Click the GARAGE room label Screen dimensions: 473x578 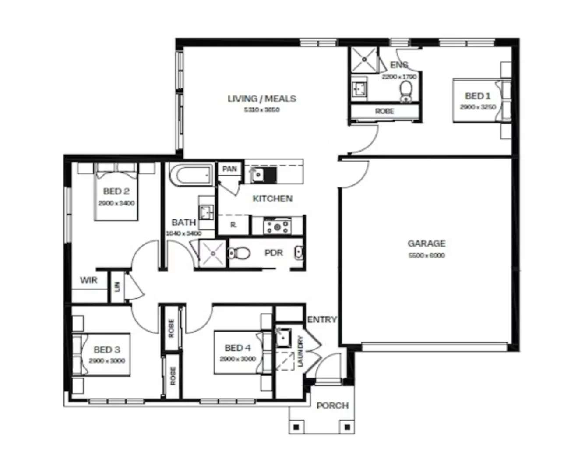coord(426,244)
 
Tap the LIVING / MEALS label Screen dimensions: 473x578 coord(261,99)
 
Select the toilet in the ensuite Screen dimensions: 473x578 coord(406,91)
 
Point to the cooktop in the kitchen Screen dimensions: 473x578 coord(277,226)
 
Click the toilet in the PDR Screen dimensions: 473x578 coord(239,253)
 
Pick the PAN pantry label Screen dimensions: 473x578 coord(229,169)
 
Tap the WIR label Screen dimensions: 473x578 coord(88,280)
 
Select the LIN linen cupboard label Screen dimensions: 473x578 coord(117,286)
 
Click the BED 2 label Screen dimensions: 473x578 coord(116,191)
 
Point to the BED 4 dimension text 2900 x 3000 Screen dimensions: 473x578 coord(238,359)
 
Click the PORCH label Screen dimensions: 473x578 coord(332,406)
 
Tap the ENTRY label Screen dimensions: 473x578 coord(322,320)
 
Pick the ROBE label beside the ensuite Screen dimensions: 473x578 coord(384,111)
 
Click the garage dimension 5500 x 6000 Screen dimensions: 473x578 coord(426,255)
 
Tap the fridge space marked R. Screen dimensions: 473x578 coord(233,225)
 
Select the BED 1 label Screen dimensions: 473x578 coord(477,96)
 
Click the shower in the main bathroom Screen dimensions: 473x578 coord(212,253)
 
